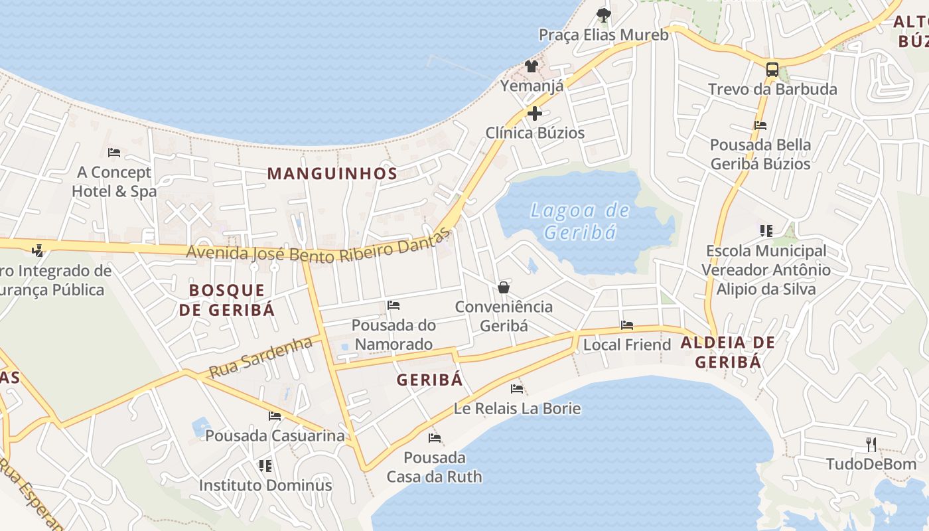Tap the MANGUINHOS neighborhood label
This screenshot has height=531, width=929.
point(332,174)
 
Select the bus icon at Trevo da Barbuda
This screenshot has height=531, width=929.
point(772,69)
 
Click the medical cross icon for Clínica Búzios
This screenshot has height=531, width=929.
point(535,114)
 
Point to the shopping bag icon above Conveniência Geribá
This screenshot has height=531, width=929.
point(504,287)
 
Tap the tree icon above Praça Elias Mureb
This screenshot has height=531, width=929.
point(603,15)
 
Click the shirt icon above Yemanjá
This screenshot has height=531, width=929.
point(532,66)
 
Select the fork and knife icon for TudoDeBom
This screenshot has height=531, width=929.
point(871,445)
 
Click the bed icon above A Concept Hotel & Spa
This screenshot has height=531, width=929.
point(114,153)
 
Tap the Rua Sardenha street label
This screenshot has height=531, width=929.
point(260,357)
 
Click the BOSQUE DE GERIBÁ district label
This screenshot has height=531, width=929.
point(227,300)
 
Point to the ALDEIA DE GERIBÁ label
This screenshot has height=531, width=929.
point(728,352)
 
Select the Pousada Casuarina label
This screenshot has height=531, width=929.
point(275,436)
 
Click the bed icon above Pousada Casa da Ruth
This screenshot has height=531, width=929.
point(435,438)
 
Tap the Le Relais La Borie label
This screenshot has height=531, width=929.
point(517,408)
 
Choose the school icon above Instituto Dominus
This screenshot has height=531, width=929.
point(265,466)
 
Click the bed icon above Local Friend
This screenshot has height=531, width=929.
point(627,325)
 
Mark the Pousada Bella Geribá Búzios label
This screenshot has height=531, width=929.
point(760,154)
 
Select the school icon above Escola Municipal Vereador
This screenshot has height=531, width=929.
point(766,231)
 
